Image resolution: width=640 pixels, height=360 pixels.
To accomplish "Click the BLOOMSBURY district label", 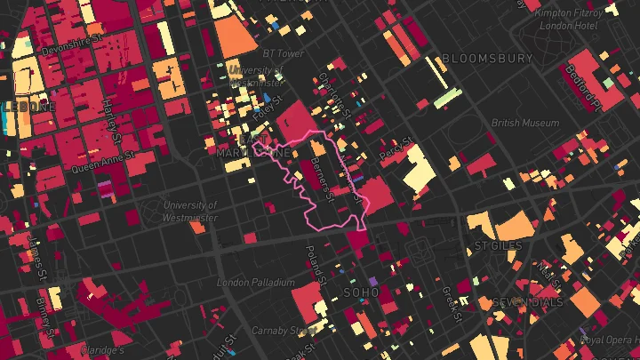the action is point(487,59).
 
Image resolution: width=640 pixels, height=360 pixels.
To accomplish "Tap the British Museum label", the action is point(519,124).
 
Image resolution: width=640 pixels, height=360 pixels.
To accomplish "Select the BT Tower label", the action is point(284,53).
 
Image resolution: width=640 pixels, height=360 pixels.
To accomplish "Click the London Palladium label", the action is point(255,283).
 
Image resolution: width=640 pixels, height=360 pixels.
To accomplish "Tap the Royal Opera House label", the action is point(609,340).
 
